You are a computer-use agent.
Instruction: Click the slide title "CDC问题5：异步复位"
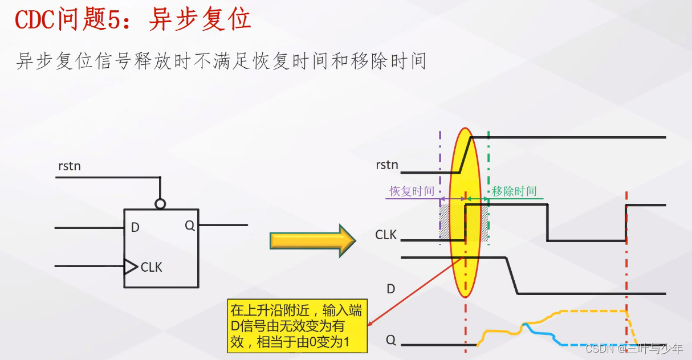tap(133, 21)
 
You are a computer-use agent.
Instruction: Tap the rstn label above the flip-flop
tap(70, 166)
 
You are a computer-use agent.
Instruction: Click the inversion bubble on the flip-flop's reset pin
tap(161, 203)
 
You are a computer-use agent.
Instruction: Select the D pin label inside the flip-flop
tap(135, 228)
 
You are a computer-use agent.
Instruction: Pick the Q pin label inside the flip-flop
tap(190, 226)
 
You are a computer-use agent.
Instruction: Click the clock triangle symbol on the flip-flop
tap(131, 266)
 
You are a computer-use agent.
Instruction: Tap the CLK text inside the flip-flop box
tap(152, 267)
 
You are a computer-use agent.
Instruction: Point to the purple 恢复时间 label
tap(412, 191)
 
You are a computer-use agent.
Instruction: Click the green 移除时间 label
tap(514, 191)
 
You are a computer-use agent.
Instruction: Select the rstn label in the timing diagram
tap(387, 165)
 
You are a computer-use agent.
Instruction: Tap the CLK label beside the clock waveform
tap(386, 235)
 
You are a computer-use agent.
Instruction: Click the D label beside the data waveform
tap(391, 289)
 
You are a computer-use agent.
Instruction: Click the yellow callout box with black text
tap(296, 327)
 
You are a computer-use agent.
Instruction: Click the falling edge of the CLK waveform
tap(547, 222)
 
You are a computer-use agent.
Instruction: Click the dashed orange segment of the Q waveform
tap(593, 311)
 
